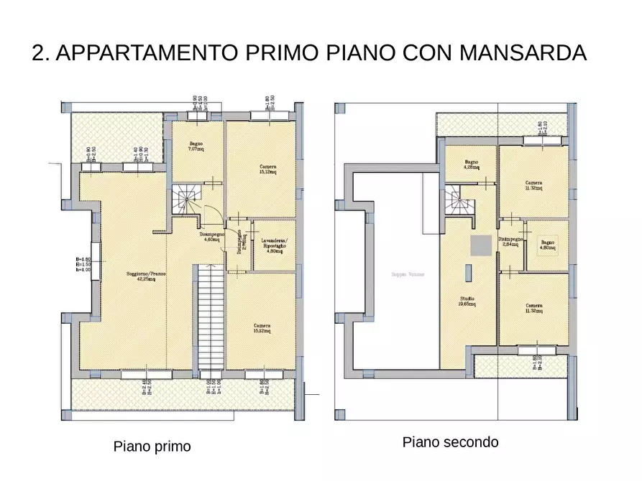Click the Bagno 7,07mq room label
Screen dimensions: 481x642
coord(196,147)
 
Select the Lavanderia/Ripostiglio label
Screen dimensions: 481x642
coord(275,244)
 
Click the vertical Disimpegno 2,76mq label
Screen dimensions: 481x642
coord(244,244)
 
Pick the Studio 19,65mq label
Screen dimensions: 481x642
coord(467,301)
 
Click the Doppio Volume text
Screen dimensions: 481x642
coord(408,274)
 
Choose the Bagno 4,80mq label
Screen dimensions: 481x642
coord(548,246)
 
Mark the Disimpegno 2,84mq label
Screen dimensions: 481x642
coord(510,242)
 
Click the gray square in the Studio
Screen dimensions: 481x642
coord(480,245)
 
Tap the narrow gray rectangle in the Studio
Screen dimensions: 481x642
coord(468,274)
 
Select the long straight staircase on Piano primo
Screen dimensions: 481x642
coord(209,317)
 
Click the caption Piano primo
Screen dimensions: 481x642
coord(152,447)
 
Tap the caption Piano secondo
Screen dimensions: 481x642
coord(450,442)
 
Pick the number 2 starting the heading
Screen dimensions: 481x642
coord(38,53)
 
